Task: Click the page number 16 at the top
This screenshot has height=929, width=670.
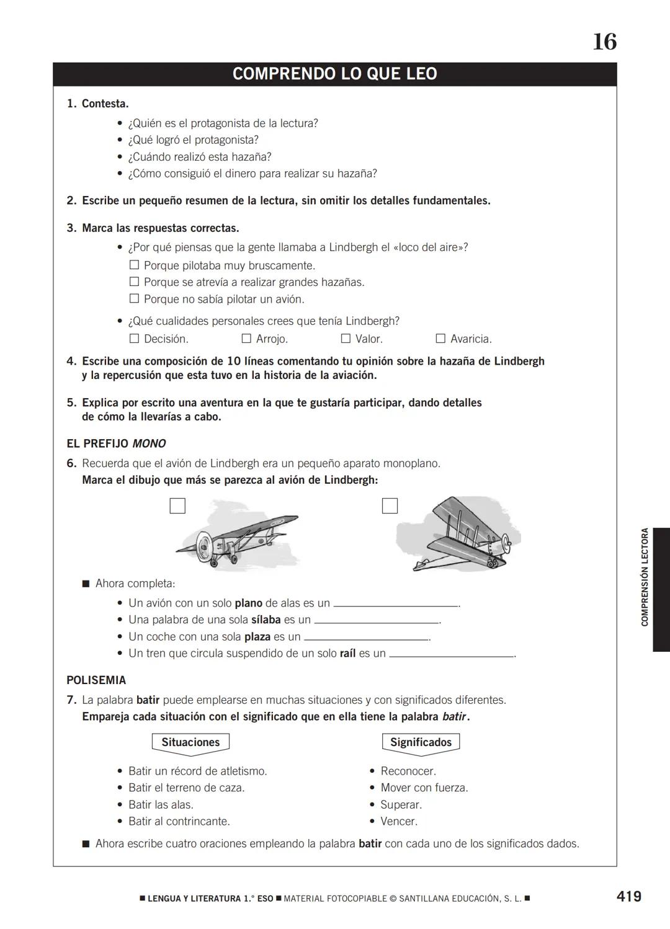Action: coord(604,42)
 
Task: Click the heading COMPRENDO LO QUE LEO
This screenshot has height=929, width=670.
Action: coord(334,74)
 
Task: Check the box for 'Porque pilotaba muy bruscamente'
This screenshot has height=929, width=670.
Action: coord(134,265)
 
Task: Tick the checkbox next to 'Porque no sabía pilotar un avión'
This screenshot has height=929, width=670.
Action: coord(134,299)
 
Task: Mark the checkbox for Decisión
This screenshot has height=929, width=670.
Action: coord(134,339)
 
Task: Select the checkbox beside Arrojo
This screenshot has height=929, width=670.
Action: coord(246,339)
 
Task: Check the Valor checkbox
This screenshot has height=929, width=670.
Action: coord(346,339)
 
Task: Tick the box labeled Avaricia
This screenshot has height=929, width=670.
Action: coord(440,339)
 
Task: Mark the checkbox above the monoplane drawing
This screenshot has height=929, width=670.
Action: coord(177,506)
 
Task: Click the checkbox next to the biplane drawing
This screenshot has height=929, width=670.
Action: coord(390,506)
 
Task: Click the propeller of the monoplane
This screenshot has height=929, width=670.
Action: coord(202,546)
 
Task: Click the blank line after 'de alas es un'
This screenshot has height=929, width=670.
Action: coord(395,605)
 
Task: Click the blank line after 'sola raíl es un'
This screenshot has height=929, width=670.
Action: coord(451,655)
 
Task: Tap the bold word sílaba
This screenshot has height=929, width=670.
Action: coord(266,620)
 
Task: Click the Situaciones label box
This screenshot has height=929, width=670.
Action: coord(190,742)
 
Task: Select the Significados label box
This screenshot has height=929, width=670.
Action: coord(421,742)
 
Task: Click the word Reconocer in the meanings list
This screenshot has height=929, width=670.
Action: coord(408,771)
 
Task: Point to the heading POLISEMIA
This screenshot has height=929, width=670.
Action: coord(96,680)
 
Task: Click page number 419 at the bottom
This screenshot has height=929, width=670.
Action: coord(628,896)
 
